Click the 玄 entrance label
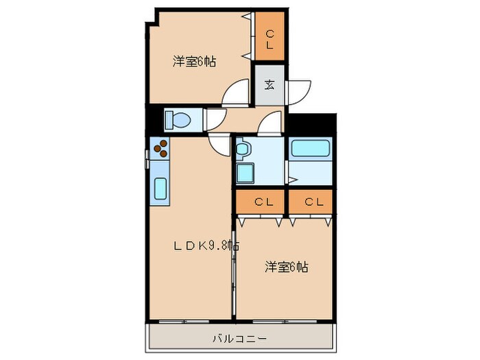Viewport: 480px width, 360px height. click(x=269, y=85)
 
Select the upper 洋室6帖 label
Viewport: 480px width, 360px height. click(x=194, y=62)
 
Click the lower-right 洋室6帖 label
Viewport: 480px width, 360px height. click(x=287, y=267)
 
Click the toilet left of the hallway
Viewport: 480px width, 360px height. click(x=177, y=120)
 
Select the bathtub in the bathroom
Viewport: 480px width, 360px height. click(x=311, y=149)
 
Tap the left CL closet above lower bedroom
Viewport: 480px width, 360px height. click(x=260, y=202)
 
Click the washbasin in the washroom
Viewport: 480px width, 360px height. click(x=245, y=148)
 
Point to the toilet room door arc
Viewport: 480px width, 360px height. click(x=215, y=118)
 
